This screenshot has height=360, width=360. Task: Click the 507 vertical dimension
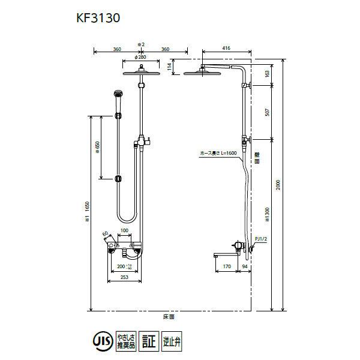point(266,113)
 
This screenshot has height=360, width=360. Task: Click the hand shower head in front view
point(117,95)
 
